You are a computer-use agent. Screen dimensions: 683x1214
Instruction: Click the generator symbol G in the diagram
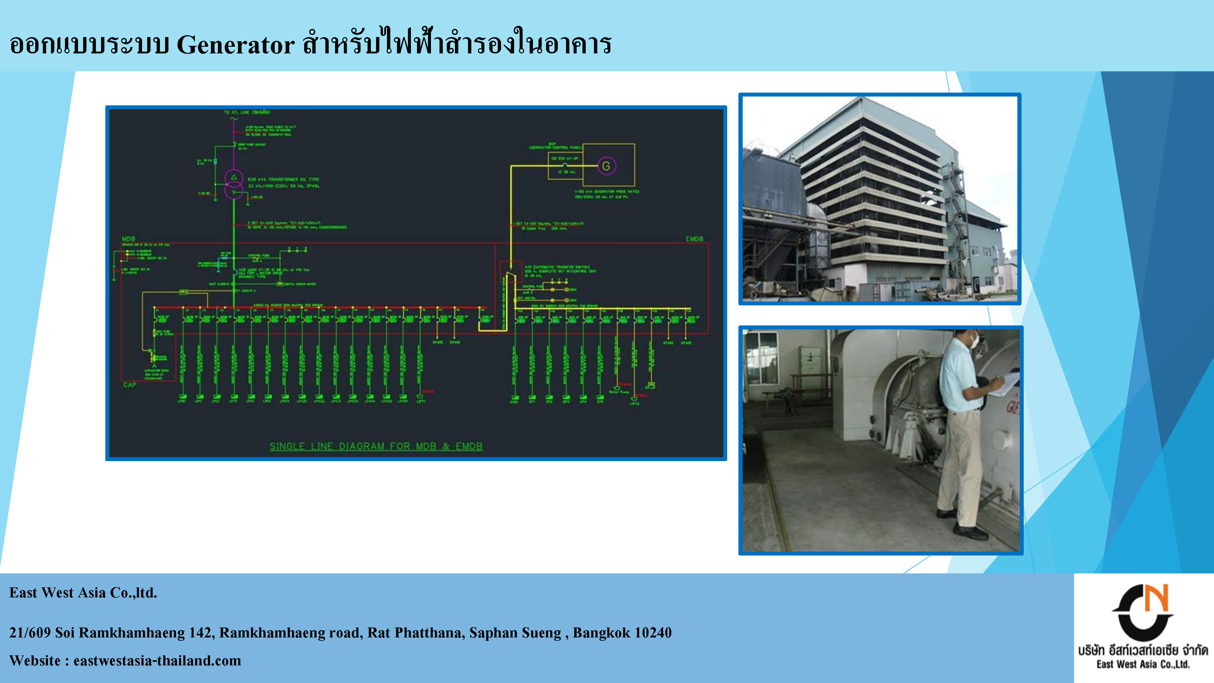pyautogui.click(x=606, y=166)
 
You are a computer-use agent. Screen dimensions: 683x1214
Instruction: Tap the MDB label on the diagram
pyautogui.click(x=128, y=239)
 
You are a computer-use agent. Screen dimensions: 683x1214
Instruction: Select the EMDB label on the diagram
pyautogui.click(x=694, y=239)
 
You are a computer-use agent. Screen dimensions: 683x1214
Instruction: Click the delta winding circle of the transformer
pyautogui.click(x=234, y=178)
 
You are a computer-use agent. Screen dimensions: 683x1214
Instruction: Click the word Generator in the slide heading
pyautogui.click(x=236, y=45)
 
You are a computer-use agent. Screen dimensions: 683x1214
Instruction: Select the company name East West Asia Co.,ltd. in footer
pyautogui.click(x=83, y=593)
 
